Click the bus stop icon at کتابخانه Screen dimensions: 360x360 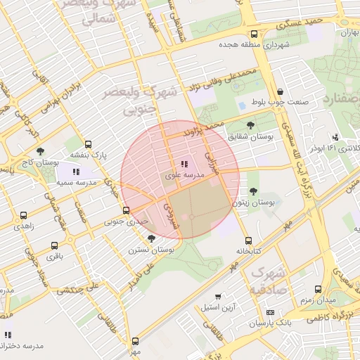pyautogui.click(x=246, y=240)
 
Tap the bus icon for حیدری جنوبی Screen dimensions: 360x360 pyautogui.click(x=126, y=210)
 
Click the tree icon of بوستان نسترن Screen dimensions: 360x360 pyautogui.click(x=151, y=239)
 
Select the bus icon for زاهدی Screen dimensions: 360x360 pyautogui.click(x=24, y=216)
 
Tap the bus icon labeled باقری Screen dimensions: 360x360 pyautogui.click(x=55, y=245)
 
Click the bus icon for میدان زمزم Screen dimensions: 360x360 pyautogui.click(x=319, y=289)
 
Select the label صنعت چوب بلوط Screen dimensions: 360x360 pyautogui.click(x=281, y=103)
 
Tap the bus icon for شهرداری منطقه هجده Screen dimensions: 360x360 pyautogui.click(x=253, y=33)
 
